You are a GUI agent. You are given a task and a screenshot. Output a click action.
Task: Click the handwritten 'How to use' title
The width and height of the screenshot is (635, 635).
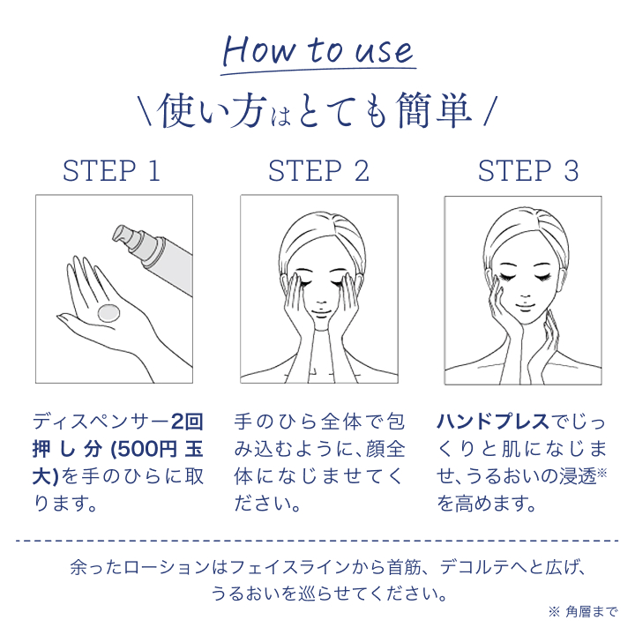point(317,50)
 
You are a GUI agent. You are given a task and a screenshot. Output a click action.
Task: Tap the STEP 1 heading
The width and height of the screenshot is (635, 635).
point(112,170)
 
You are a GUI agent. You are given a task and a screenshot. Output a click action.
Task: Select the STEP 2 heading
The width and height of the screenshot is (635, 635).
point(318,170)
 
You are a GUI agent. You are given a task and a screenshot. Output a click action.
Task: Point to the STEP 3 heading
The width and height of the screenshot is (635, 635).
point(528,170)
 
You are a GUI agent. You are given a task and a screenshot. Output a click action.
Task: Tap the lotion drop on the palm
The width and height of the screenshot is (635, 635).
point(109,311)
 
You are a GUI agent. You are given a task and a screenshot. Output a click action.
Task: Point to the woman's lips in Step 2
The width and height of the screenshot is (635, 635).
point(318,311)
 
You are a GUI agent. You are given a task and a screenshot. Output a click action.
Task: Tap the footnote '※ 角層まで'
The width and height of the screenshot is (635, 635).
point(583,612)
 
